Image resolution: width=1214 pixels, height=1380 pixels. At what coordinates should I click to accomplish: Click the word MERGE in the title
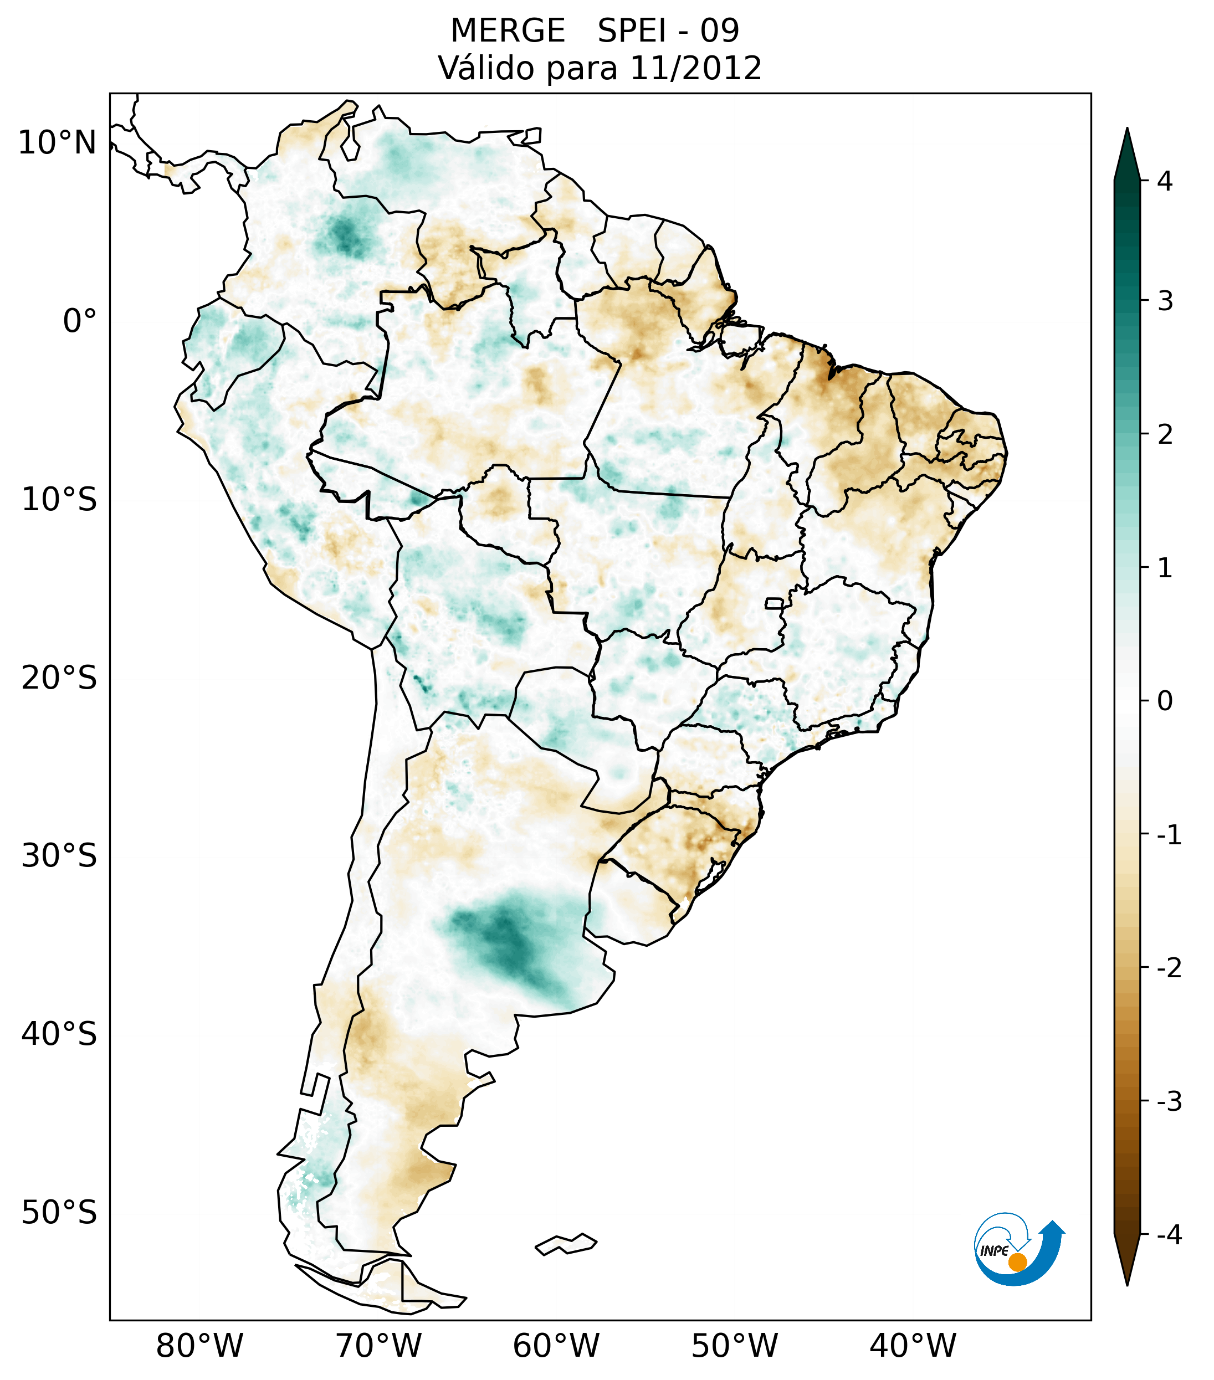coord(507,31)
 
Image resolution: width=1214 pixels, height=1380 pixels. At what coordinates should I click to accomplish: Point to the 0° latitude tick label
coord(80,321)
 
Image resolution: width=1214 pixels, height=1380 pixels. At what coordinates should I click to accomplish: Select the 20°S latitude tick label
coord(59,678)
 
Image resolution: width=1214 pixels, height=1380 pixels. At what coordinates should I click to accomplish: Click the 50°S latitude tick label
coord(59,1213)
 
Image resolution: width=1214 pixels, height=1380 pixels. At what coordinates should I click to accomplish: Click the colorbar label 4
coord(1165,181)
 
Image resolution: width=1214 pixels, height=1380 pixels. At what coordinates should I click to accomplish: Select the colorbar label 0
coord(1165,701)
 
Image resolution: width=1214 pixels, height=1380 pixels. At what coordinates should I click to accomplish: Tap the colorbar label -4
coord(1169,1235)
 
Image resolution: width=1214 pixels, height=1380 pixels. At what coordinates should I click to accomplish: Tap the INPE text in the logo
coord(994,1251)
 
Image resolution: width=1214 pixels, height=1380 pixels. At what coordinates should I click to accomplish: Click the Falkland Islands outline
coord(566,1244)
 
